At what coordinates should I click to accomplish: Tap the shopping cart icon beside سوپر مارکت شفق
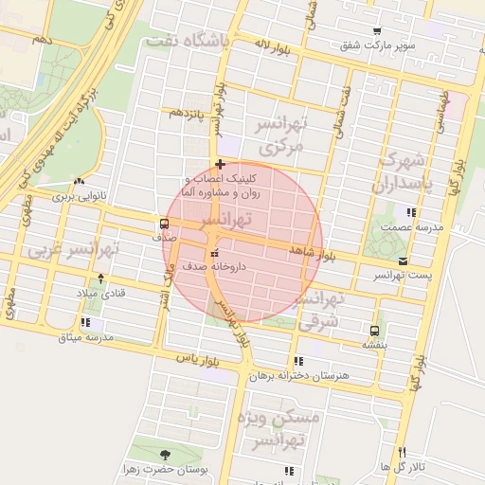[x=377, y=31]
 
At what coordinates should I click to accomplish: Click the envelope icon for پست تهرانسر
[x=404, y=260]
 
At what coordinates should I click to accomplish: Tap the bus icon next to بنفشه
[x=374, y=331]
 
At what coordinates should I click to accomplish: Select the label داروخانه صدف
[x=217, y=267]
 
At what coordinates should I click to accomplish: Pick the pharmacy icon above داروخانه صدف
[x=214, y=253]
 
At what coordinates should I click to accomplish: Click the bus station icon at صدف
[x=165, y=225]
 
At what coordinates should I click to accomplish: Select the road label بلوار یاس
[x=197, y=361]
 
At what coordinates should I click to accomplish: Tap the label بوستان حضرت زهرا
[x=165, y=469]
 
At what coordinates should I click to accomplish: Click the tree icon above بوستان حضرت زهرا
[x=167, y=455]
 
